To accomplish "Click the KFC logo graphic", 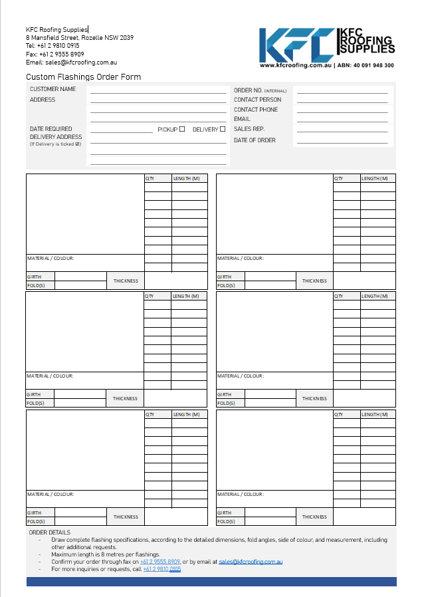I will [297, 45].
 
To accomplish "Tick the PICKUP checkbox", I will [182, 129].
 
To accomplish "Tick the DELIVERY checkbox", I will [223, 129].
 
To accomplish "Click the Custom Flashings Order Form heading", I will [83, 77].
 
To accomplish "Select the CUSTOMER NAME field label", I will [53, 89].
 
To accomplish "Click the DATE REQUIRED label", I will [51, 129].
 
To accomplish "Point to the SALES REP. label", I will [249, 129].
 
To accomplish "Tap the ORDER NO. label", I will [248, 90].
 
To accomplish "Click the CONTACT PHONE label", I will [256, 110].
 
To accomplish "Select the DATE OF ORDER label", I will [255, 140].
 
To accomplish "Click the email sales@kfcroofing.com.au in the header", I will [81, 62].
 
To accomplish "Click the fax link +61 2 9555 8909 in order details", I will [160, 562].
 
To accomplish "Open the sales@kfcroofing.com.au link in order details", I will [251, 562].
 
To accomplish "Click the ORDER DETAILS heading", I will [49, 533].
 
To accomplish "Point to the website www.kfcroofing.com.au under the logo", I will [295, 66].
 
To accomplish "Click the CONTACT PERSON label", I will [257, 100].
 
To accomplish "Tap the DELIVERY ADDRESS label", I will [56, 137].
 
